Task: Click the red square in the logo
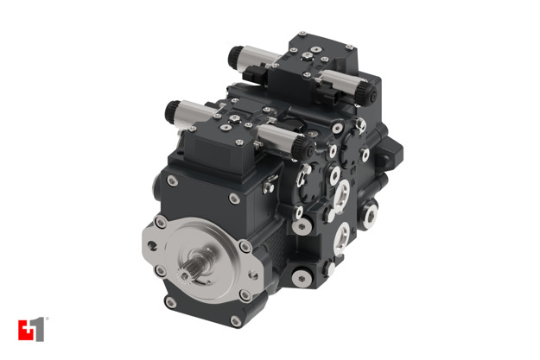tap(24, 330)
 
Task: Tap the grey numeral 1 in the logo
tap(38, 330)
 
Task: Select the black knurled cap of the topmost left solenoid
tap(234, 57)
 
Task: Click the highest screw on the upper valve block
tap(302, 37)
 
